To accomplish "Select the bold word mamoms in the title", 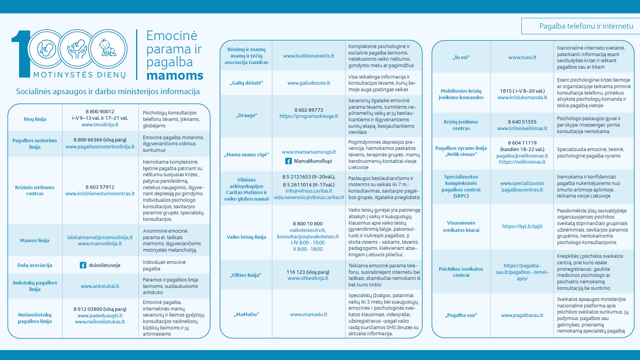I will [x=175, y=76].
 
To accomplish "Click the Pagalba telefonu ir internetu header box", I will [x=581, y=26].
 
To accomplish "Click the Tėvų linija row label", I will [x=35, y=119].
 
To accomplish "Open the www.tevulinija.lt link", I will [x=100, y=124].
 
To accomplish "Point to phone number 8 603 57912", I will [x=100, y=187].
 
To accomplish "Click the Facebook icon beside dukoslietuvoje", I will [x=83, y=265].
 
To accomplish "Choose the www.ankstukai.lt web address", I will [x=100, y=286].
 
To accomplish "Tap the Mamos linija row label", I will [x=35, y=240].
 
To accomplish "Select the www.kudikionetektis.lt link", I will [x=309, y=56].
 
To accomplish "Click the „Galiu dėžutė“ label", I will [x=246, y=83].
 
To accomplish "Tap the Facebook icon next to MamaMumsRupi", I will [x=289, y=161].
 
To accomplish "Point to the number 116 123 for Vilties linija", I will [x=296, y=272].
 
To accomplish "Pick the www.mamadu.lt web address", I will [x=309, y=314].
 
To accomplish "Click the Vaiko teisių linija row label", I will [x=246, y=237].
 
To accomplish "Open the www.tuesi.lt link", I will [x=522, y=57].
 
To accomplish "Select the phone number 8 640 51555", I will [x=522, y=122].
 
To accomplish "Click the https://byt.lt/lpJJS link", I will [x=522, y=226].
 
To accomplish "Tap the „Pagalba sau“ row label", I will [x=461, y=315].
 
